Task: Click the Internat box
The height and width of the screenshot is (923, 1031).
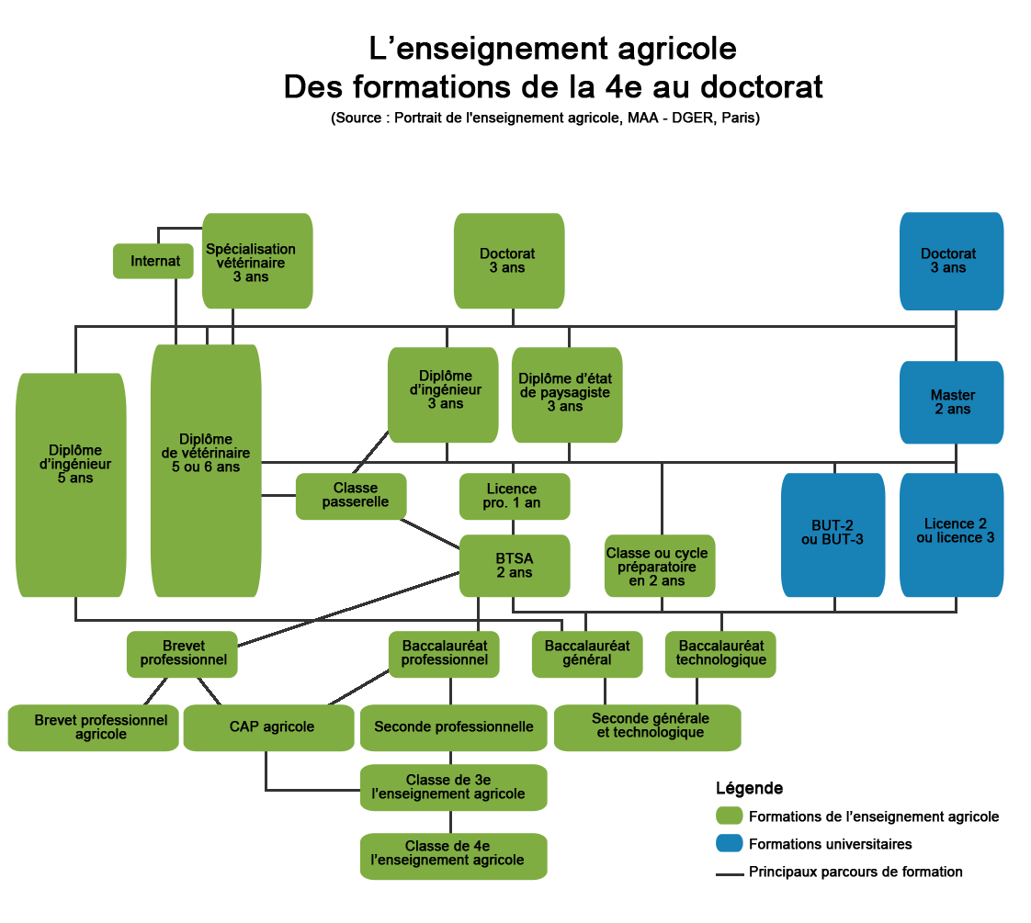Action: (153, 261)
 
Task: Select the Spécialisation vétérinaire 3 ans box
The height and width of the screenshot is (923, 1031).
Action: (256, 261)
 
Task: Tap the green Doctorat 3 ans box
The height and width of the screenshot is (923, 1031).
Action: (508, 261)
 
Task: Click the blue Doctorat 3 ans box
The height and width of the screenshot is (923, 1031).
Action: (950, 261)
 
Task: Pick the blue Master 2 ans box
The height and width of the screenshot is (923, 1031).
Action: (951, 402)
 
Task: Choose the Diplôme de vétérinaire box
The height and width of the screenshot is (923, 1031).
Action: (206, 470)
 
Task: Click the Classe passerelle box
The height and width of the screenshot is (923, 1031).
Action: (350, 495)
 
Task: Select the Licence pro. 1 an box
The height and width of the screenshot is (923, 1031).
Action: (514, 496)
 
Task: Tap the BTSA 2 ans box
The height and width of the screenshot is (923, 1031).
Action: (514, 566)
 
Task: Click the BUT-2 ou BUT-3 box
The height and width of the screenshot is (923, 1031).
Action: (833, 535)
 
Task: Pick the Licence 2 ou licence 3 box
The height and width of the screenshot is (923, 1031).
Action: (951, 535)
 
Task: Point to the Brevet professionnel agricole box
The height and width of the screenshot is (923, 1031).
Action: (93, 727)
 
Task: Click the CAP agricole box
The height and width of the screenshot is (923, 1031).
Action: (268, 727)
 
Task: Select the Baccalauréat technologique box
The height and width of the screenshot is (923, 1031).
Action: (720, 653)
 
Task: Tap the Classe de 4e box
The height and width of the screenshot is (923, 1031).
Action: (453, 855)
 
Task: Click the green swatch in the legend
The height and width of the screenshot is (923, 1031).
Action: (729, 816)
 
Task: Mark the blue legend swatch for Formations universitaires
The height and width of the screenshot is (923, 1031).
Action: (729, 843)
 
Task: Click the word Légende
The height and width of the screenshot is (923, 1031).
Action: (749, 788)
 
